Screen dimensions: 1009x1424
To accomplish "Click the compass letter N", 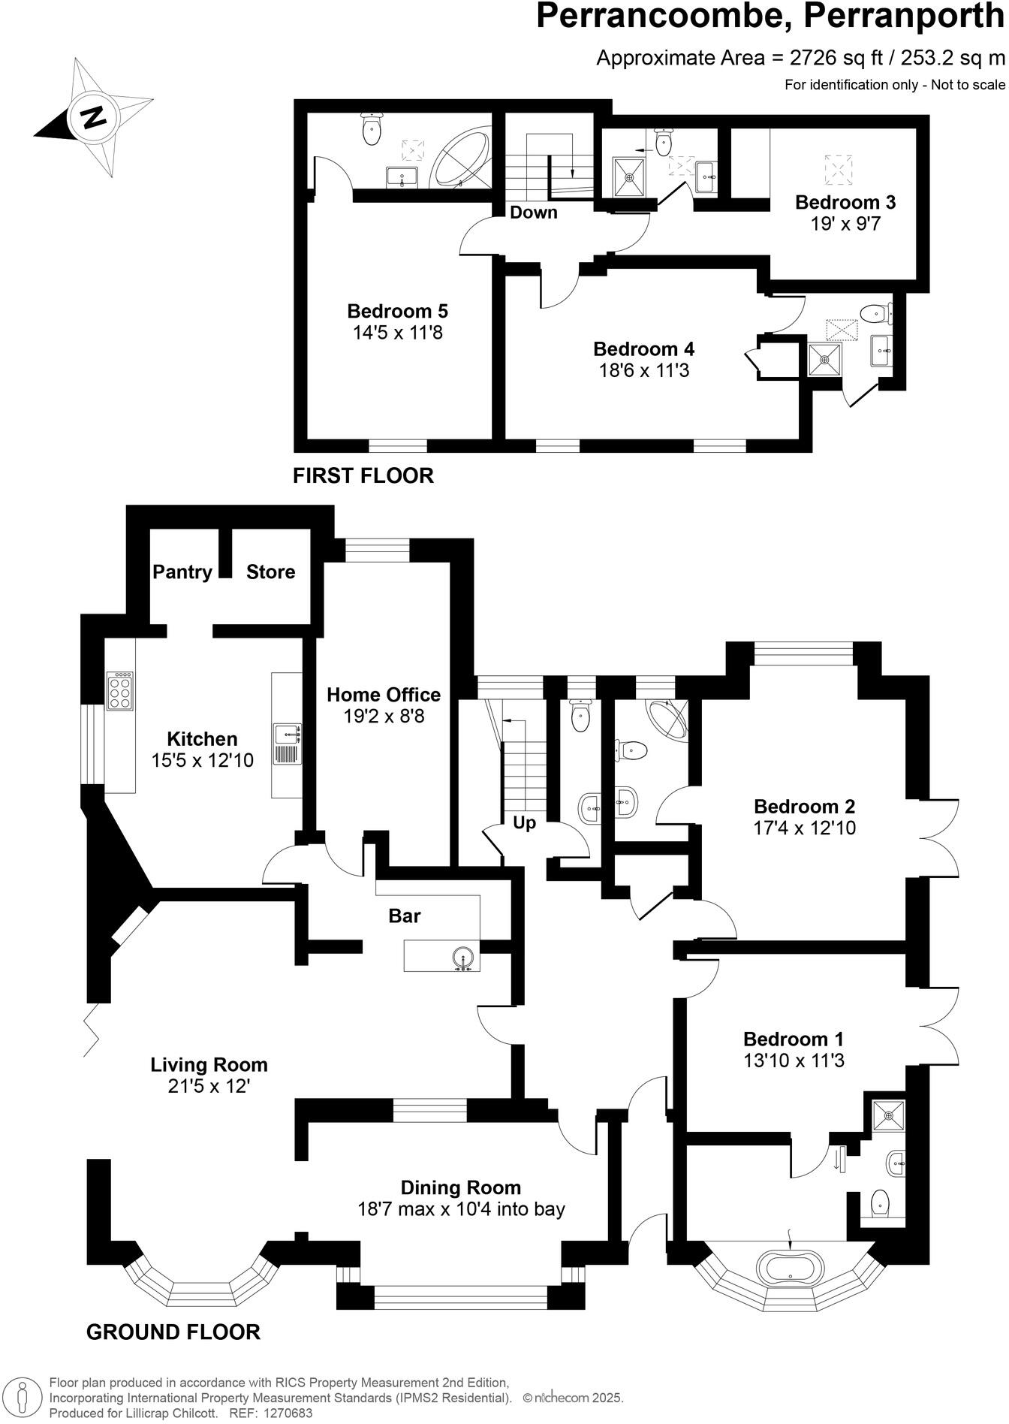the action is [93, 117].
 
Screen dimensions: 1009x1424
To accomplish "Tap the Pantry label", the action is [182, 572].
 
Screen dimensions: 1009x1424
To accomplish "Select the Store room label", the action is [270, 572].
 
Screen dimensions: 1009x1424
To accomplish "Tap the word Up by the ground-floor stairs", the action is [524, 822].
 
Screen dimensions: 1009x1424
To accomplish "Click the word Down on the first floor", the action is [534, 212].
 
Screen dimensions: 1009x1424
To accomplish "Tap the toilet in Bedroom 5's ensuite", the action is [372, 129].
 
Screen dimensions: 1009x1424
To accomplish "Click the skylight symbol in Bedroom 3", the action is [839, 170].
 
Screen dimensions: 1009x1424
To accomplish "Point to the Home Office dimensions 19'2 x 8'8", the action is [384, 716].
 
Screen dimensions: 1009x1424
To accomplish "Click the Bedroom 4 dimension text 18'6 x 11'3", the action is [643, 370].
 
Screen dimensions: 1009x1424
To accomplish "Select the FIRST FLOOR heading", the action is [363, 475].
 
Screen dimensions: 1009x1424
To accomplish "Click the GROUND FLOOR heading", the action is [173, 1332].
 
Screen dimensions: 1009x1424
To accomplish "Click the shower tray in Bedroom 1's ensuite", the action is [889, 1116].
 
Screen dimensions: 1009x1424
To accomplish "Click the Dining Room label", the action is [460, 1187].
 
